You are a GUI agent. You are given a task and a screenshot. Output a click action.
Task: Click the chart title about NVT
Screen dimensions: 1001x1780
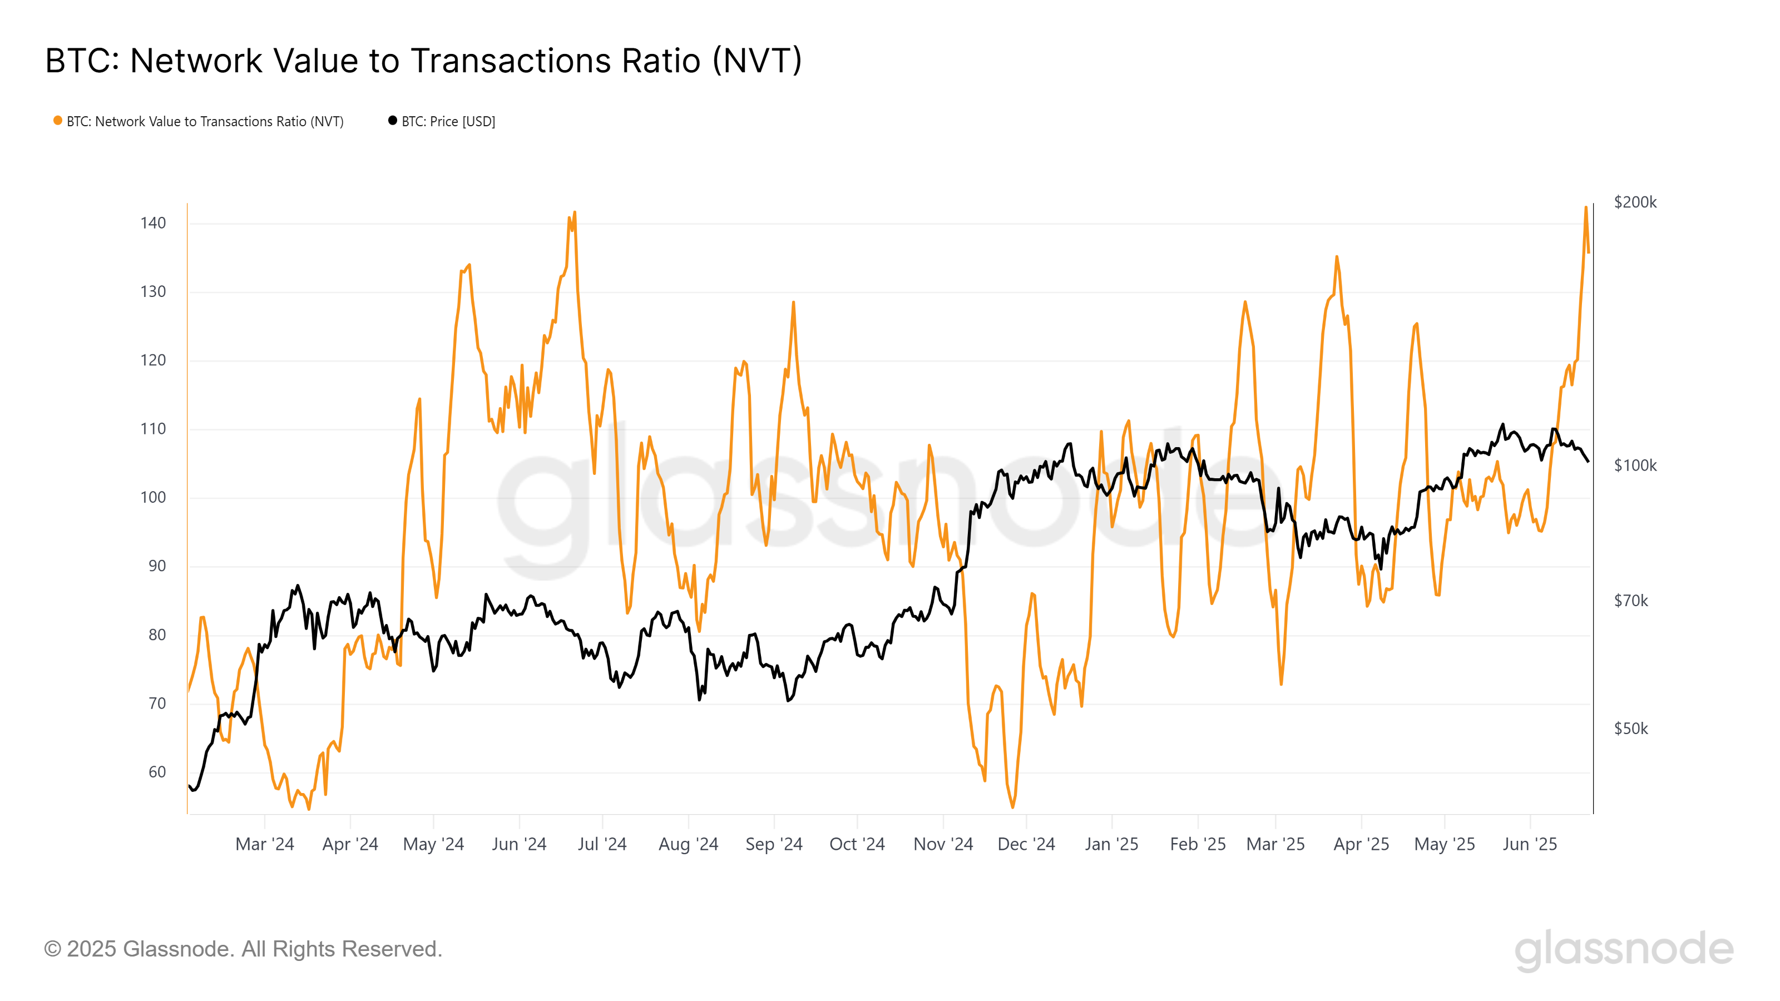coord(423,61)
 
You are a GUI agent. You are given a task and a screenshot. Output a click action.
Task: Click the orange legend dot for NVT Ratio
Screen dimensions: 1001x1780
coord(58,121)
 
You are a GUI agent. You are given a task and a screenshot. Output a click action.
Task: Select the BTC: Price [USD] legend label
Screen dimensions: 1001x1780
coord(448,122)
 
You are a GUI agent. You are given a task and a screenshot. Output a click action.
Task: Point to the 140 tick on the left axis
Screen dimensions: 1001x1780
coord(153,223)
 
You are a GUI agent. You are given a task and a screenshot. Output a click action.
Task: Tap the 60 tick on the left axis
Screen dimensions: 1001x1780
coord(157,772)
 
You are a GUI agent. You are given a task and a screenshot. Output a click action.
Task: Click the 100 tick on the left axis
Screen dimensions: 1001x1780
coord(153,497)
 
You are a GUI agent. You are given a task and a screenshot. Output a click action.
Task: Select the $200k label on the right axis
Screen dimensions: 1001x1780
coord(1635,202)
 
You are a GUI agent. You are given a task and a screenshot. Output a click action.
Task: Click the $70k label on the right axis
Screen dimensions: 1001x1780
coord(1631,601)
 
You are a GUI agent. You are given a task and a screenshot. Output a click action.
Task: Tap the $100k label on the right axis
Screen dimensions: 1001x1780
coord(1635,465)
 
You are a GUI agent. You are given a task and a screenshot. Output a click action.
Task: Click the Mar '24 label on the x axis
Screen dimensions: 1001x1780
coord(265,844)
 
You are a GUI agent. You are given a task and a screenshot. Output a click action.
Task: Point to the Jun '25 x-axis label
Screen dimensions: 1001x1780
coord(1529,844)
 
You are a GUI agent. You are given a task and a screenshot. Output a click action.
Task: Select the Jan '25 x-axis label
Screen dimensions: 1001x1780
coord(1111,844)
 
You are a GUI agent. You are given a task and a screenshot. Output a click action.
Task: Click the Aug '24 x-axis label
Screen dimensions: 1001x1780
coord(688,844)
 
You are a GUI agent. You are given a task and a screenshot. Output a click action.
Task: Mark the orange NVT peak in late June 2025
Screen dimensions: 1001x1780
coord(1585,207)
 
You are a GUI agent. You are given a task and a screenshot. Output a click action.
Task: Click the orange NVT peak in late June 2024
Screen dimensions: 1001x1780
coord(574,213)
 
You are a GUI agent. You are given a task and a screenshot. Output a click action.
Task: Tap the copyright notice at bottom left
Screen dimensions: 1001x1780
coord(243,949)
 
